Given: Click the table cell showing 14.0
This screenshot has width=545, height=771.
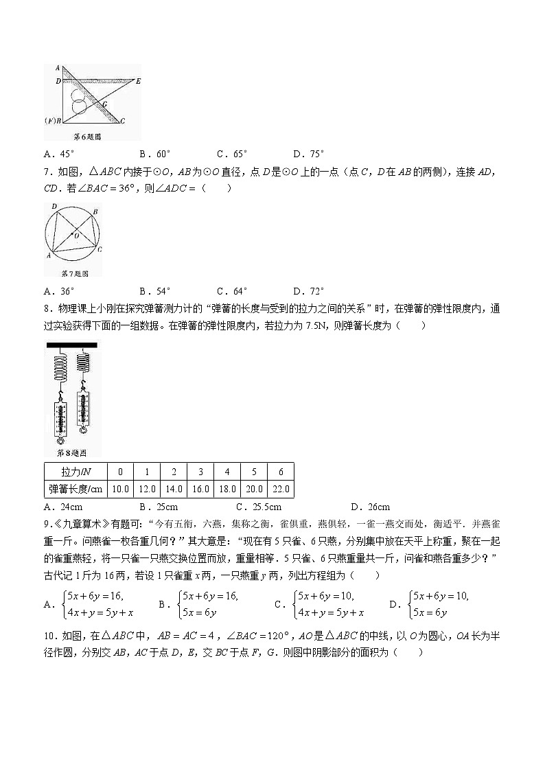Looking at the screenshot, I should click(x=174, y=490).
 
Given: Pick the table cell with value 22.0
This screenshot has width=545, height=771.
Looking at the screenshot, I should click(x=281, y=490).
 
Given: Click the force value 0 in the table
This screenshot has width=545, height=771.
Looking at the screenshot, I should click(x=120, y=472).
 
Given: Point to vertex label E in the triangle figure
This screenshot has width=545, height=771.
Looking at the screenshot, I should click(x=138, y=81).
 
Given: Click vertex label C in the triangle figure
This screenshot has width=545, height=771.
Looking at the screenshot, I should click(x=122, y=121).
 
